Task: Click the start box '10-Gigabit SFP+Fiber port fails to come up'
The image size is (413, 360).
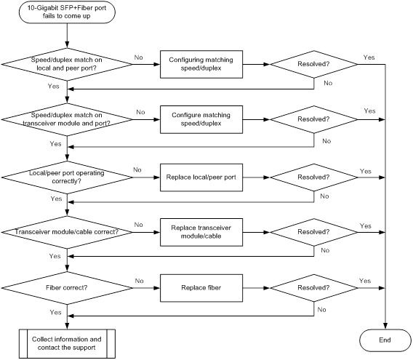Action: pyautogui.click(x=67, y=12)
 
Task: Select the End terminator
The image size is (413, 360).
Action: pyautogui.click(x=385, y=340)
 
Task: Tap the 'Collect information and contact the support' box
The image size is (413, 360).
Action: pyautogui.click(x=67, y=343)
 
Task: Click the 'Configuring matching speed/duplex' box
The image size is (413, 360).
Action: pyautogui.click(x=201, y=64)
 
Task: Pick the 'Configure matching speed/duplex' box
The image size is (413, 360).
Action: pyautogui.click(x=201, y=119)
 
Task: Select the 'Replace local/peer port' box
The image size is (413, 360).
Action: pyautogui.click(x=201, y=177)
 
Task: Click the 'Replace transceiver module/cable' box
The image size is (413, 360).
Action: pyautogui.click(x=201, y=232)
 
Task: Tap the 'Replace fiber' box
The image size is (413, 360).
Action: pyautogui.click(x=201, y=288)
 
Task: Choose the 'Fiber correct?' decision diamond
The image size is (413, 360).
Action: pyautogui.click(x=67, y=288)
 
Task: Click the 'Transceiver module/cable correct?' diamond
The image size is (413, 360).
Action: pyautogui.click(x=67, y=232)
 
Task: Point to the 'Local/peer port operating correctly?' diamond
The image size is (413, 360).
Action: pyautogui.click(x=67, y=177)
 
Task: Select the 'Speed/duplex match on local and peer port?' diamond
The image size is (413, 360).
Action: pyautogui.click(x=67, y=64)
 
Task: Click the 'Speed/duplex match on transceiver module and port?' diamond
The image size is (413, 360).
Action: pyautogui.click(x=67, y=119)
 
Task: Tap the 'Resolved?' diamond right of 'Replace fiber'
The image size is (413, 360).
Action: pyautogui.click(x=313, y=288)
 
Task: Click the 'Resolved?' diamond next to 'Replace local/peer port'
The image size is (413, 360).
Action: pyautogui.click(x=313, y=177)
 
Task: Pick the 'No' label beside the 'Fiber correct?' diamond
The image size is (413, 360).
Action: pyautogui.click(x=140, y=281)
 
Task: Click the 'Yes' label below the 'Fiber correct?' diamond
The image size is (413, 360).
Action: pyautogui.click(x=55, y=312)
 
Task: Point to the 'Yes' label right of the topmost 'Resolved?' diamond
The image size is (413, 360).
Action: pyautogui.click(x=369, y=57)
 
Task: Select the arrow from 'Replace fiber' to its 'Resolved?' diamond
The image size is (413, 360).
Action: pyautogui.click(x=256, y=288)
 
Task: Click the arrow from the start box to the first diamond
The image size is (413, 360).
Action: pyautogui.click(x=67, y=36)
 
